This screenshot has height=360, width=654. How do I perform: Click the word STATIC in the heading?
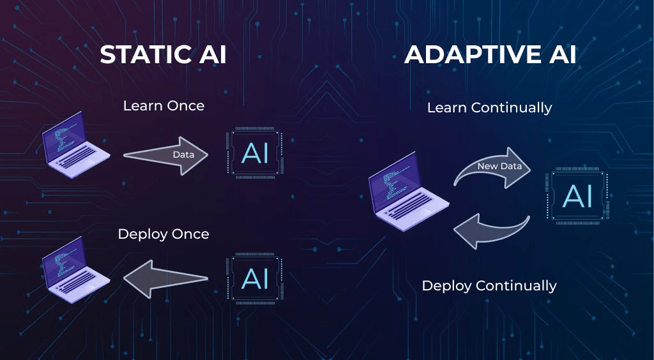[144, 54]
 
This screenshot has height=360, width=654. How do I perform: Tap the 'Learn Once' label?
[164, 106]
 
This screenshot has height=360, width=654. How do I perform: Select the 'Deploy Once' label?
[163, 234]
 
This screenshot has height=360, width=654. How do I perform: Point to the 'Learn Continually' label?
[490, 108]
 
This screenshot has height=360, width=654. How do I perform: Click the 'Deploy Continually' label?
[489, 286]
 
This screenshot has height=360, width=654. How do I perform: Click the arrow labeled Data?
[165, 155]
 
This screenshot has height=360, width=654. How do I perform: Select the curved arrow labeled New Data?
[492, 167]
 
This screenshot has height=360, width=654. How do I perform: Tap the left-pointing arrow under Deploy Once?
[165, 279]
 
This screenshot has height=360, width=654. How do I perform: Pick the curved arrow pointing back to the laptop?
[492, 230]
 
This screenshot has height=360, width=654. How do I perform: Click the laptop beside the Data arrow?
[75, 145]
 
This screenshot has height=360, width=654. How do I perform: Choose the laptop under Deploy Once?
[75, 269]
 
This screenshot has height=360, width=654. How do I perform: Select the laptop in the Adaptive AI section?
[409, 191]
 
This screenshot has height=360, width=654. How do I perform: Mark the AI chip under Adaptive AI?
[577, 196]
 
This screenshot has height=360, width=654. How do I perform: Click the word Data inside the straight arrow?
[183, 154]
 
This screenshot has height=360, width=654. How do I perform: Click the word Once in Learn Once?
[186, 106]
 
